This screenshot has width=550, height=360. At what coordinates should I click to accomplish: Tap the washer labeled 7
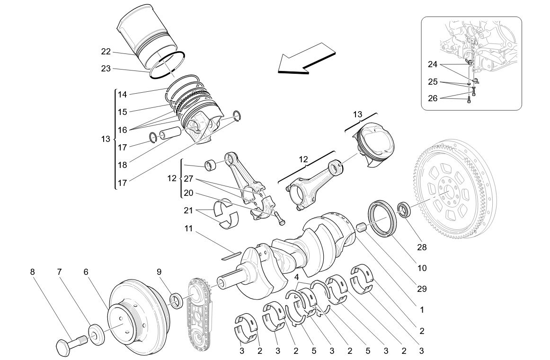click(97, 334)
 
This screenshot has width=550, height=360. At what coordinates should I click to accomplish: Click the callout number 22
click(106, 52)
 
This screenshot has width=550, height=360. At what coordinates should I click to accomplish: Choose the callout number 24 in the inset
click(433, 64)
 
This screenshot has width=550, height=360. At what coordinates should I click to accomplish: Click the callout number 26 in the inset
click(433, 98)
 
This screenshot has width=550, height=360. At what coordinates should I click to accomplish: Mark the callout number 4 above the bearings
click(296, 277)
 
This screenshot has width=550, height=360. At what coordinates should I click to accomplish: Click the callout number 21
click(188, 210)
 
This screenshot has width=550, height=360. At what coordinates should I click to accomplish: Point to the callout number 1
click(421, 310)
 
